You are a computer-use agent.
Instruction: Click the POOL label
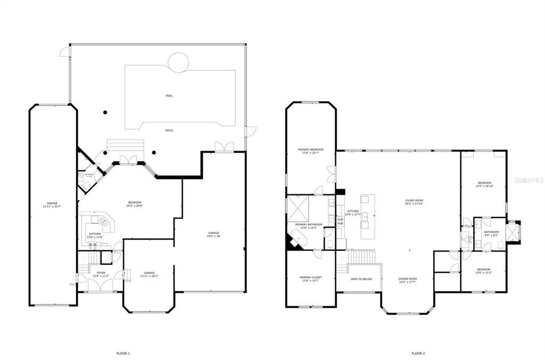[169, 96]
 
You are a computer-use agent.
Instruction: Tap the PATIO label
[169, 130]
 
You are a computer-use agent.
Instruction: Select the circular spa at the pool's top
[178, 62]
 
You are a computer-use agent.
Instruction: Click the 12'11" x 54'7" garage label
[52, 204]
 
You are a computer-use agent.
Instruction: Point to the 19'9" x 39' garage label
[214, 234]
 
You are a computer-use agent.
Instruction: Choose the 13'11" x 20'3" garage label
[149, 274]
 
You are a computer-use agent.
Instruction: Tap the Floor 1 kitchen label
[95, 235]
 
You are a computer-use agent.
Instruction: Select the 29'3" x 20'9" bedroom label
[135, 203]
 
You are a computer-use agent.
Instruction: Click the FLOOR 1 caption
[123, 353]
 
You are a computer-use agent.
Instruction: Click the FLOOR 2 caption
[418, 353]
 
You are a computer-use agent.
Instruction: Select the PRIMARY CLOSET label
[310, 279]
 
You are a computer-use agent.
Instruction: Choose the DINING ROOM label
[408, 280]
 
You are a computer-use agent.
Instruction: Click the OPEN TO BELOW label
[361, 279]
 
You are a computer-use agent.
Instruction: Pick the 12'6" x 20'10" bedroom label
[484, 184]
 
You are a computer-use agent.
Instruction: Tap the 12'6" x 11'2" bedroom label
[484, 271]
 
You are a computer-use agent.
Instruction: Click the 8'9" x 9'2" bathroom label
[491, 233]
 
